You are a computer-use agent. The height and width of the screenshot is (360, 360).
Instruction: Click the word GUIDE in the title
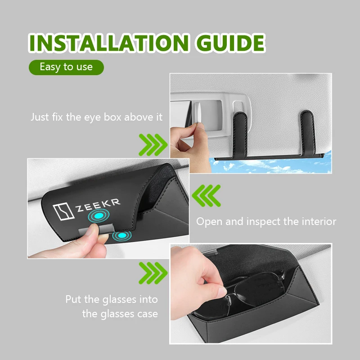230,43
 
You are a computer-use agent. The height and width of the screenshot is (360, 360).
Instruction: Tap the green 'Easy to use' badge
66,67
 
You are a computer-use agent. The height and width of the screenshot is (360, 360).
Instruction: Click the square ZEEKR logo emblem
63,211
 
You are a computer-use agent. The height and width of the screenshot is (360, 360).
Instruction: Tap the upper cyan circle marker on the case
99,216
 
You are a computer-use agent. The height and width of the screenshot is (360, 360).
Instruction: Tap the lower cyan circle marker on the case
122,235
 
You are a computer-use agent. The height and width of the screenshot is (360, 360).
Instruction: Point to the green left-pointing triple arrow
206,196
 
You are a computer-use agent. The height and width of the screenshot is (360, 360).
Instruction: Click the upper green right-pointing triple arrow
153,145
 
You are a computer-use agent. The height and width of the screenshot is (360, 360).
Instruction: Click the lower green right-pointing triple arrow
153,273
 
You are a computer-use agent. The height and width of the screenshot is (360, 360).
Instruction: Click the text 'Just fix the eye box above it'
96,117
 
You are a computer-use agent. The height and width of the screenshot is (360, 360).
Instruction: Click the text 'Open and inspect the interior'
266,221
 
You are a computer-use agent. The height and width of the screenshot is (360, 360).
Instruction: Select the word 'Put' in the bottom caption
73,299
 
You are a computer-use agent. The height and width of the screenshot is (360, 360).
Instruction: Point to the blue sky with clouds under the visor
271,164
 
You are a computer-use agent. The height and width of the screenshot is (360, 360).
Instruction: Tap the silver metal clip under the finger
96,230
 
